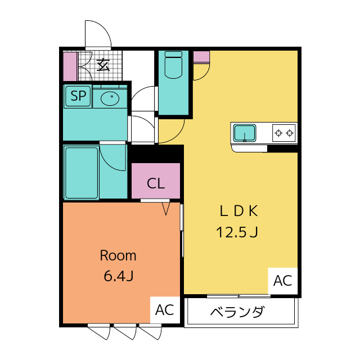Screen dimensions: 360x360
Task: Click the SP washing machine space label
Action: point(78,96)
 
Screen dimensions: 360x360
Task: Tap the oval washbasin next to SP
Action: point(110,98)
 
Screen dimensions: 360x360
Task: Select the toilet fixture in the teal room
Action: point(174,65)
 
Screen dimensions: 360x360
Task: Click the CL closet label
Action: point(156,183)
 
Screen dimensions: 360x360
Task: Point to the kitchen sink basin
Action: point(245,133)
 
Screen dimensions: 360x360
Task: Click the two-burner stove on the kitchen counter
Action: point(284,133)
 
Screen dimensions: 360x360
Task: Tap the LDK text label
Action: point(238,211)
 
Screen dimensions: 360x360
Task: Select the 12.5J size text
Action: point(237,232)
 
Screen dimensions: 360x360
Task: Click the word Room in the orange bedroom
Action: point(118,255)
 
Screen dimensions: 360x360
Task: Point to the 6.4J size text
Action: point(119,276)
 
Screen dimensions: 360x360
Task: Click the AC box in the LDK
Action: point(282,281)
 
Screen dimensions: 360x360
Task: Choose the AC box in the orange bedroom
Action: point(165,310)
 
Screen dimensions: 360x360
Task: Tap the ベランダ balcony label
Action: point(237,312)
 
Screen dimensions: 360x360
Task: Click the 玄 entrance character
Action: point(103,65)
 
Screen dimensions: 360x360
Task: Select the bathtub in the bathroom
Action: point(82,173)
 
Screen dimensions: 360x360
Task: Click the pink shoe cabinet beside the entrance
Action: point(70,66)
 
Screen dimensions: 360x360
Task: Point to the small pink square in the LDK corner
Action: point(201,56)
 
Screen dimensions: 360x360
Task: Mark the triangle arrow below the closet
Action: point(166,209)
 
